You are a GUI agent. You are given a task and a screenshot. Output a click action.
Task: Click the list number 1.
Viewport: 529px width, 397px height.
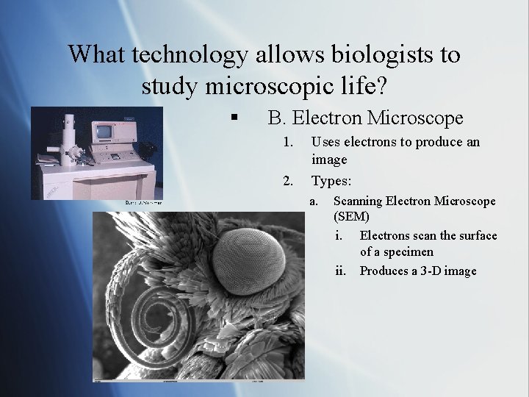tap(289, 142)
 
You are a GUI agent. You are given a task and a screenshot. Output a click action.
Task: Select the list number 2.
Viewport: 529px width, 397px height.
tap(289, 180)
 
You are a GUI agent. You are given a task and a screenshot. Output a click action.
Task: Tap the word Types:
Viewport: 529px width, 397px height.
tap(331, 180)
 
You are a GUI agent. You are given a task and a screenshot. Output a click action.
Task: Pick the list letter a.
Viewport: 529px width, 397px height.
tap(313, 201)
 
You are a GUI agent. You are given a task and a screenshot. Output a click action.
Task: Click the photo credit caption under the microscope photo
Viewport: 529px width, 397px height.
tap(143, 202)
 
